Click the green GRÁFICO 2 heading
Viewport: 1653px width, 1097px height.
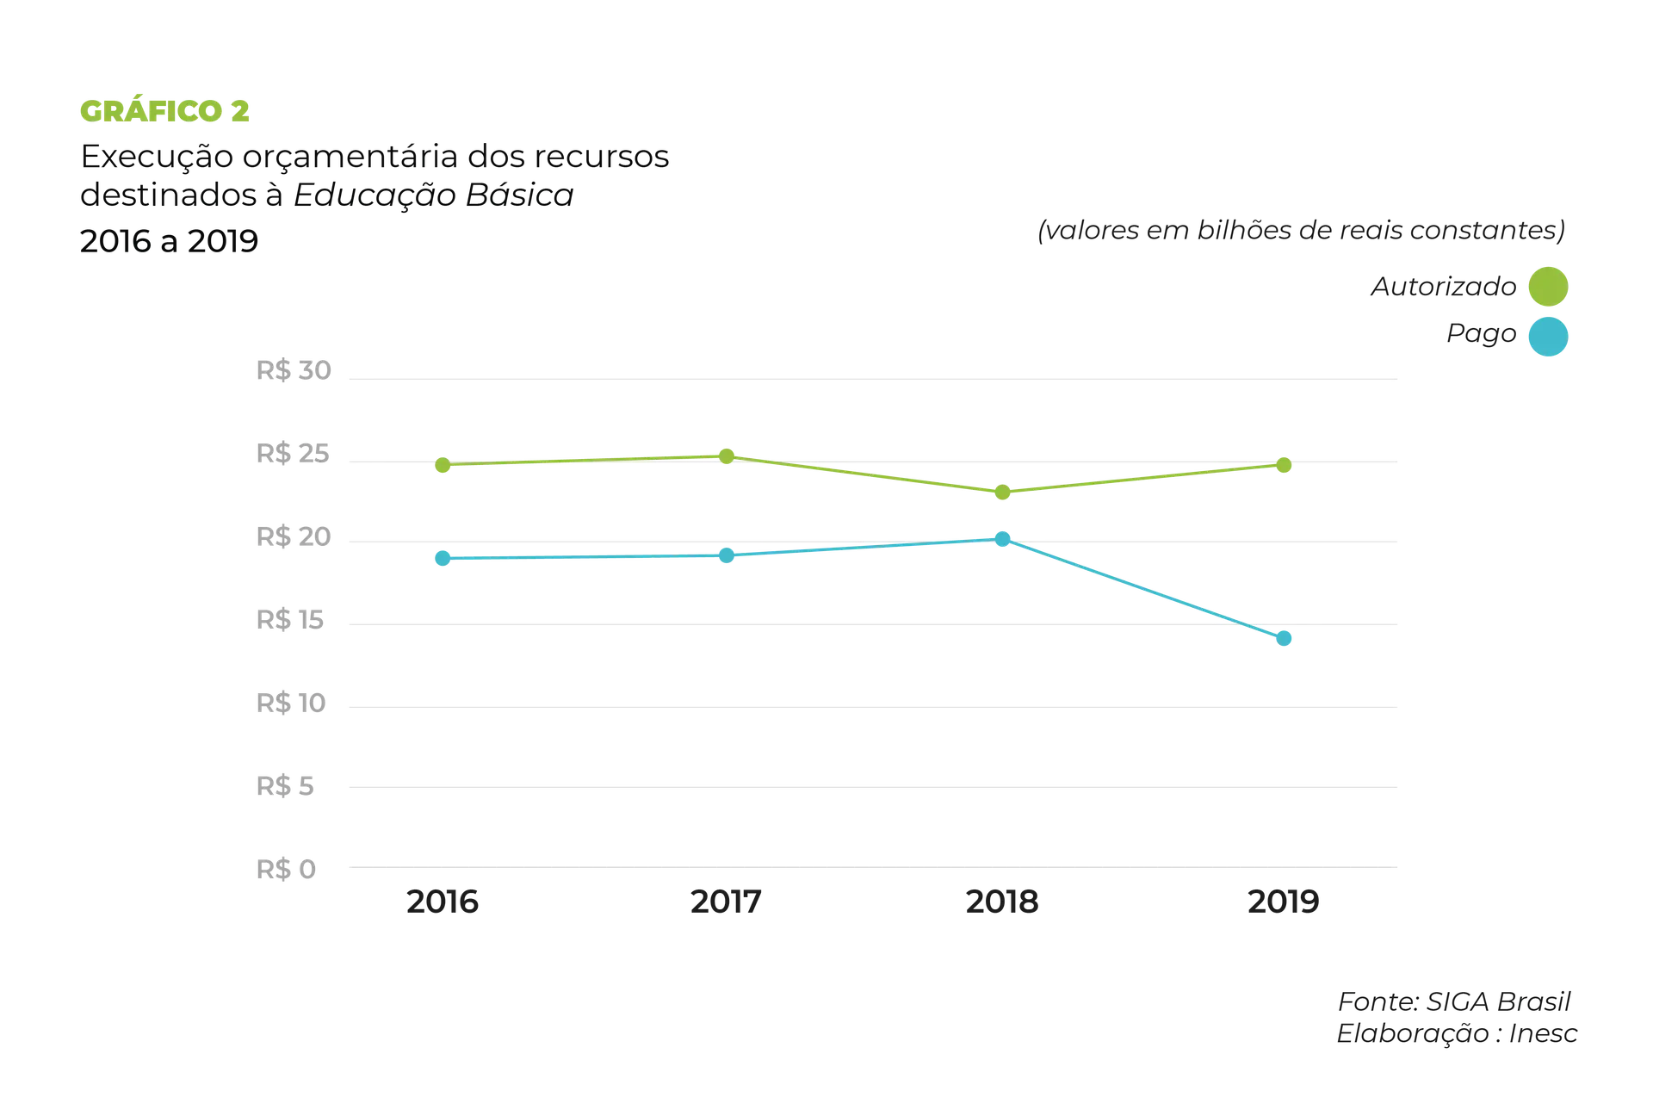[x=164, y=111]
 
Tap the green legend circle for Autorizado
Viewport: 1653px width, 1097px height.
[x=1546, y=286]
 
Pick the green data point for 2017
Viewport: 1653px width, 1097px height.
[x=727, y=456]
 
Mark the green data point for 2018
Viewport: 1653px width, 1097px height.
[x=1001, y=493]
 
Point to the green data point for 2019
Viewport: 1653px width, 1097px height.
[x=1284, y=466]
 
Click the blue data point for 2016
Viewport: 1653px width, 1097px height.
[x=443, y=559]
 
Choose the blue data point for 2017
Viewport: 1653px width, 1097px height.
[x=727, y=555]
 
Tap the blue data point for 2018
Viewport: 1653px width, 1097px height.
[x=1002, y=539]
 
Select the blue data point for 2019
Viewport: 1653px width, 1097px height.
[x=1284, y=639]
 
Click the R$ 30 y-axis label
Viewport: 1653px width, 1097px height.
[x=294, y=373]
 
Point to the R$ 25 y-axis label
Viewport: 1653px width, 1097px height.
[x=293, y=456]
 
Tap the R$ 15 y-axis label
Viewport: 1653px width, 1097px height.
[x=291, y=621]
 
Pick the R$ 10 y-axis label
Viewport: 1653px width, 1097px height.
[x=292, y=703]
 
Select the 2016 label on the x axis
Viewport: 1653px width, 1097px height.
[x=443, y=902]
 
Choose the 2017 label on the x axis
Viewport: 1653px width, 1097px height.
[x=726, y=902]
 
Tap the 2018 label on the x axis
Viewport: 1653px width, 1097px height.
[x=1001, y=902]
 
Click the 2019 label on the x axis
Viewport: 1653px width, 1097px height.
[x=1283, y=902]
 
